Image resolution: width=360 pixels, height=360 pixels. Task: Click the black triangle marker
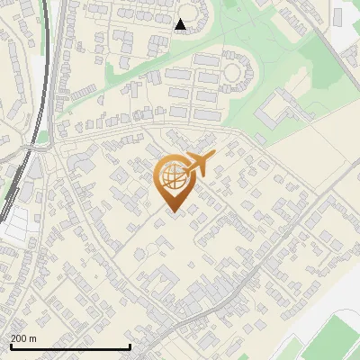pos(181,24)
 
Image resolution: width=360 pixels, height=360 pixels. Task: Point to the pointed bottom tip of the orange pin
pos(171,212)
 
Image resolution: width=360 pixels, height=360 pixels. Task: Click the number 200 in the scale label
pos(20,338)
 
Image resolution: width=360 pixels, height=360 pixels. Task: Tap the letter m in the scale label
pos(33,338)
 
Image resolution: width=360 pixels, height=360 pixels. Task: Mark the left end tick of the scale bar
pos(10,346)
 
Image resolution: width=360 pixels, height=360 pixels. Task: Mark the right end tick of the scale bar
pos(130,346)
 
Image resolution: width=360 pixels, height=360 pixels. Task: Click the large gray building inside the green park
pos(274,115)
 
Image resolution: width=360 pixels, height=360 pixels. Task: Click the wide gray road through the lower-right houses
pos(270,261)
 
